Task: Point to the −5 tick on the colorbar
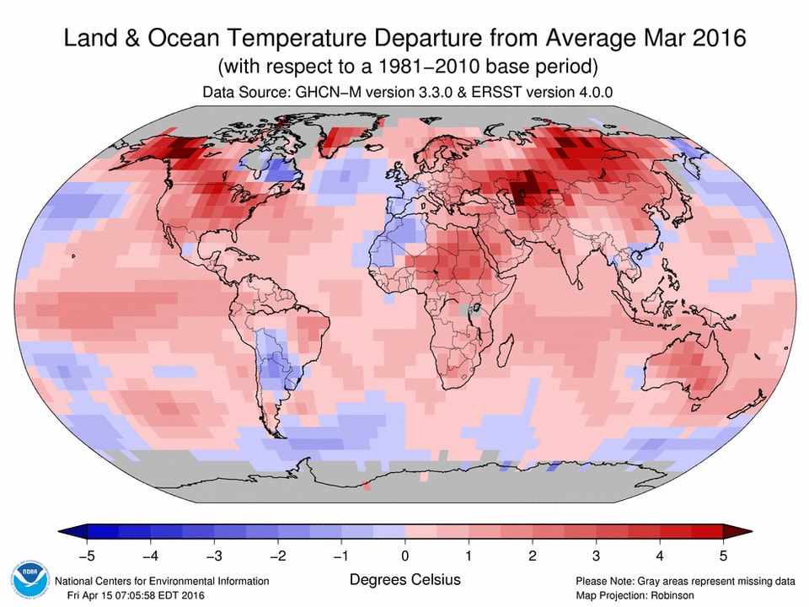pos(87,556)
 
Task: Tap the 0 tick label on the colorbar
pos(404,556)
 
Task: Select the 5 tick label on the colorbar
pos(722,556)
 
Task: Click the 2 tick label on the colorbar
pos(532,556)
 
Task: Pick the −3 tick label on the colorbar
pos(214,556)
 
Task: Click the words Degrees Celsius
pos(404,580)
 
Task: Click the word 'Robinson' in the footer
pos(669,595)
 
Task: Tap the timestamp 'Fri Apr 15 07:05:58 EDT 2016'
pos(135,595)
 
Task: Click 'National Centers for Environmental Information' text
pos(162,581)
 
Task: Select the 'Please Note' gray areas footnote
pos(685,581)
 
